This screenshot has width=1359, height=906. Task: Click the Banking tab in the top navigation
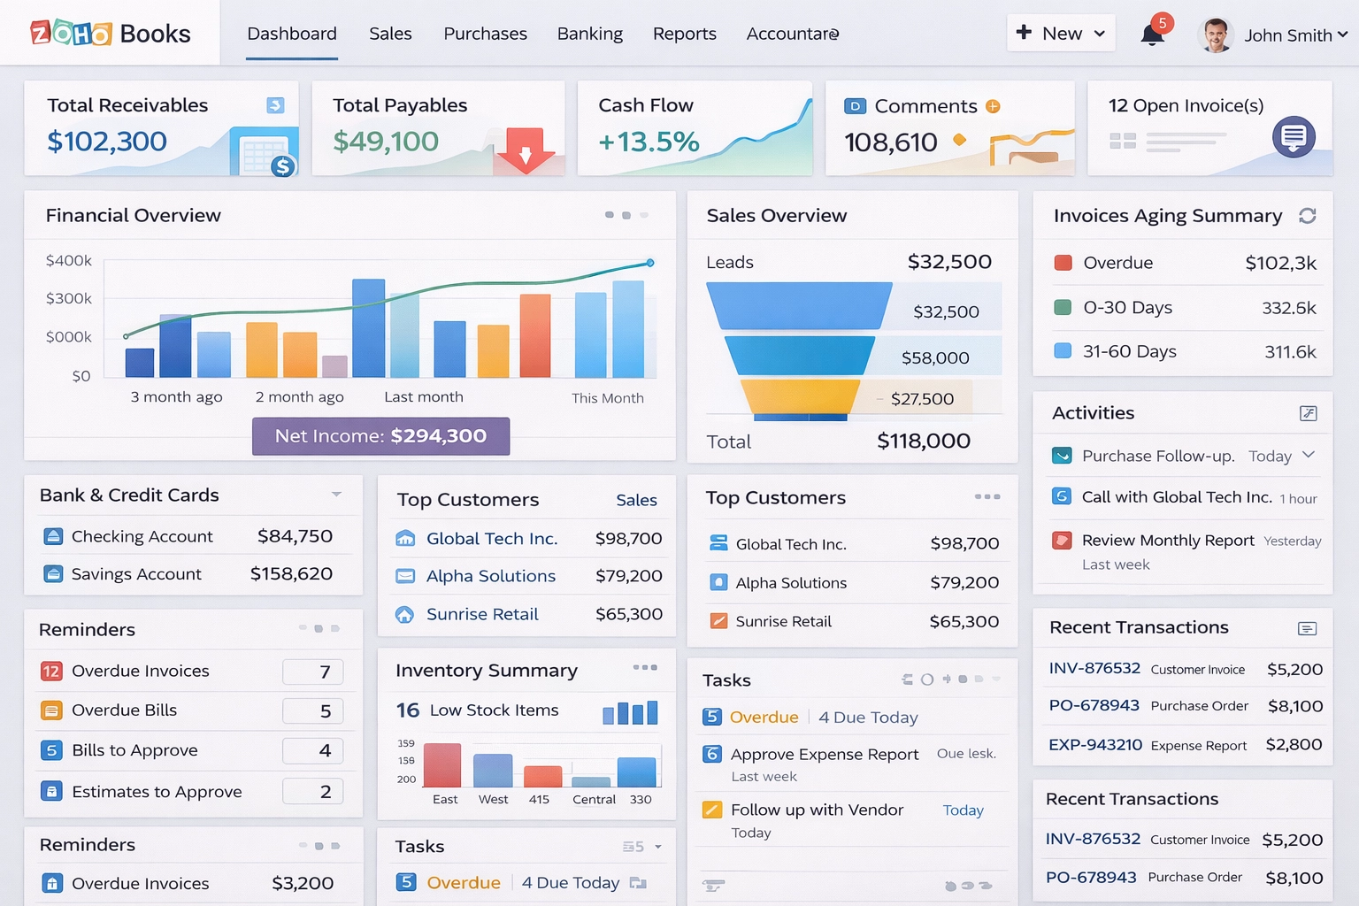pyautogui.click(x=589, y=34)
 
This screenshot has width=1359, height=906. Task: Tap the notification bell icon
pyautogui.click(x=1152, y=35)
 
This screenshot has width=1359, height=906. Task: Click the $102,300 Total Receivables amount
pyautogui.click(x=107, y=142)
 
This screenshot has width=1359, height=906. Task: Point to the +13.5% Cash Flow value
pyautogui.click(x=649, y=142)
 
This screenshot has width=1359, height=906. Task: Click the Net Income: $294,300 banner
pyautogui.click(x=380, y=436)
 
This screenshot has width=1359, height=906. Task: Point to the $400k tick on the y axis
pyautogui.click(x=69, y=261)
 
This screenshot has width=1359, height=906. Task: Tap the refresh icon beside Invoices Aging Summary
pyautogui.click(x=1307, y=216)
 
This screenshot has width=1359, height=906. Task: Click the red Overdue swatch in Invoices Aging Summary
pyautogui.click(x=1063, y=263)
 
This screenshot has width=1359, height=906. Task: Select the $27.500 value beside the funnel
pyautogui.click(x=922, y=399)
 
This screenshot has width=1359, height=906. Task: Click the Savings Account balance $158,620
pyautogui.click(x=291, y=574)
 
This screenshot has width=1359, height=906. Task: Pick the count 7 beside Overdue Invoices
pyautogui.click(x=325, y=672)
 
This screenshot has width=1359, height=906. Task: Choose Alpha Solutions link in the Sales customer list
pyautogui.click(x=491, y=576)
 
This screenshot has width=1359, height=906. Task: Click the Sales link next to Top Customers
pyautogui.click(x=636, y=501)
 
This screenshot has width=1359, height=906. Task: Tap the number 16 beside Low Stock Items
pyautogui.click(x=408, y=710)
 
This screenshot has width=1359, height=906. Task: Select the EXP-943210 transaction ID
pyautogui.click(x=1095, y=745)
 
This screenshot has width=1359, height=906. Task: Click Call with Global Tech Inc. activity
pyautogui.click(x=1176, y=497)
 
